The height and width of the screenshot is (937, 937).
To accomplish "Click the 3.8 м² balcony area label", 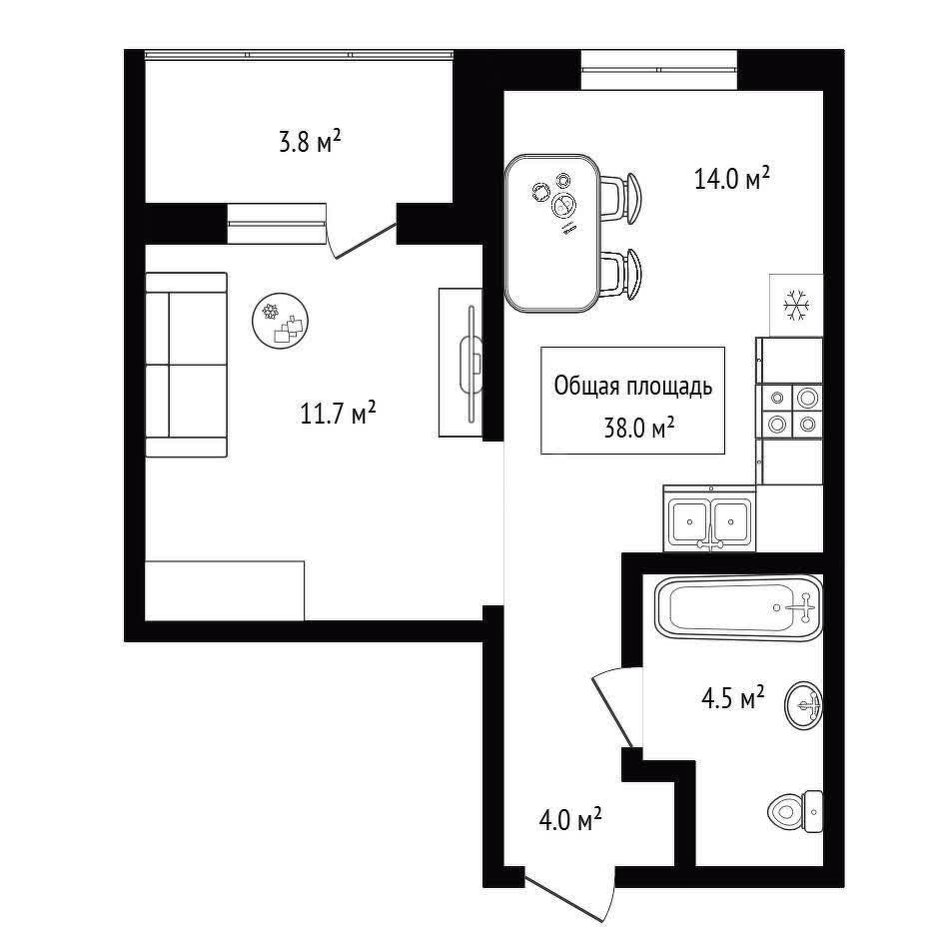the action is [310, 143].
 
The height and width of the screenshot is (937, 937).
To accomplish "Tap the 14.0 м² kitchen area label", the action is [731, 178].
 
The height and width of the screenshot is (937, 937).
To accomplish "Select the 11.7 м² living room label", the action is [338, 413].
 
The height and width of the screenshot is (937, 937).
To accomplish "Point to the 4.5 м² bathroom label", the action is [732, 697].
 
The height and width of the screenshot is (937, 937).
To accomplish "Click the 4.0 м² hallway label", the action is [569, 820].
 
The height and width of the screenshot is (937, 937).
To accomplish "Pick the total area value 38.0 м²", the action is [638, 428].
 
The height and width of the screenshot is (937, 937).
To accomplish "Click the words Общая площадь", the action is [633, 387].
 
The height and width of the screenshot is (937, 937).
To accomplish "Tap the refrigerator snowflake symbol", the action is [795, 304].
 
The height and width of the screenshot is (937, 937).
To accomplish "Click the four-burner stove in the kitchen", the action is [789, 412].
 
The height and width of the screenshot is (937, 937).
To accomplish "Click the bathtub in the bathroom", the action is [738, 607].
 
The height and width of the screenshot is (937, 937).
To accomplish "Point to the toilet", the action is [795, 811].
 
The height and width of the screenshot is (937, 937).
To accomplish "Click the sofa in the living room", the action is [187, 365].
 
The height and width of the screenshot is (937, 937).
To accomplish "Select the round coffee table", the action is [281, 320].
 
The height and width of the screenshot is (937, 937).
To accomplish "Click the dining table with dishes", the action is [552, 233].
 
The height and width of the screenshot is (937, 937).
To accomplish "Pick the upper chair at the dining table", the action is [621, 198].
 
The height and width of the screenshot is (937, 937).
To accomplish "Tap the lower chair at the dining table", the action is [621, 274].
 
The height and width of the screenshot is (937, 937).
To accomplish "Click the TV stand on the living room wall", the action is [461, 363].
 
